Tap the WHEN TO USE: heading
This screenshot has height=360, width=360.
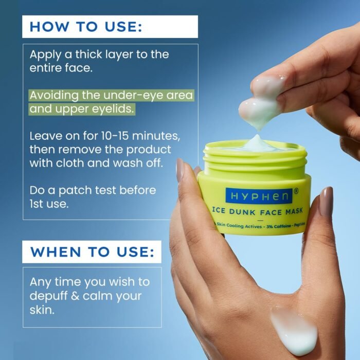tap(92, 252)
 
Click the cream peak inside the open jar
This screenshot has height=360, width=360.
tap(256, 141)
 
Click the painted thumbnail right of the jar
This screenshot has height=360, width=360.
tap(326, 201)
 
